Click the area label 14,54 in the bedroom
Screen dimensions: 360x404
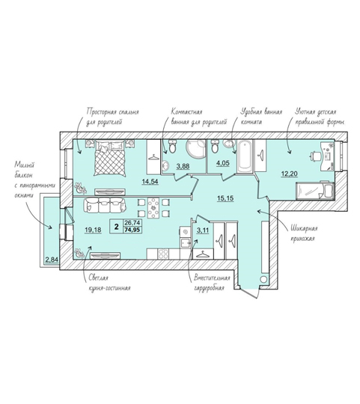click(150, 182)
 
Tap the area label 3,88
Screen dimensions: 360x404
click(183, 166)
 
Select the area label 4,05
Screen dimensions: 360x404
click(223, 163)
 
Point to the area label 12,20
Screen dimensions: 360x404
click(289, 174)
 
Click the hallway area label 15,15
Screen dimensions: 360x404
click(225, 198)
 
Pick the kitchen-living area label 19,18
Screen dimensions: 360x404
click(93, 230)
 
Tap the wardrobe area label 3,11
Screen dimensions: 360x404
click(203, 230)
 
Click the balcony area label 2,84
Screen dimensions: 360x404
click(52, 260)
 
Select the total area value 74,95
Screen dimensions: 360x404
click(132, 230)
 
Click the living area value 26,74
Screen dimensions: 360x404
click(132, 223)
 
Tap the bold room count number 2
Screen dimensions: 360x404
click(117, 227)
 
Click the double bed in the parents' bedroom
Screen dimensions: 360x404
click(110, 158)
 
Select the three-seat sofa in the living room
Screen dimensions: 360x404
click(105, 205)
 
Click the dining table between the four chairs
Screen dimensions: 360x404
click(153, 208)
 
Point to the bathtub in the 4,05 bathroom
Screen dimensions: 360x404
click(245, 156)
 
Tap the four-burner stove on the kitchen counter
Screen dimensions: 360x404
click(163, 254)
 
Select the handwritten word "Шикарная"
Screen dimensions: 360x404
click(304, 228)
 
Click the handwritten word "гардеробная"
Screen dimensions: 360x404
click(209, 288)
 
